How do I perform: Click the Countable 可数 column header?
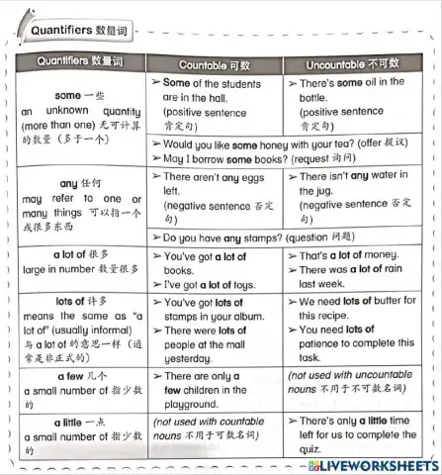(x=215, y=64)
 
